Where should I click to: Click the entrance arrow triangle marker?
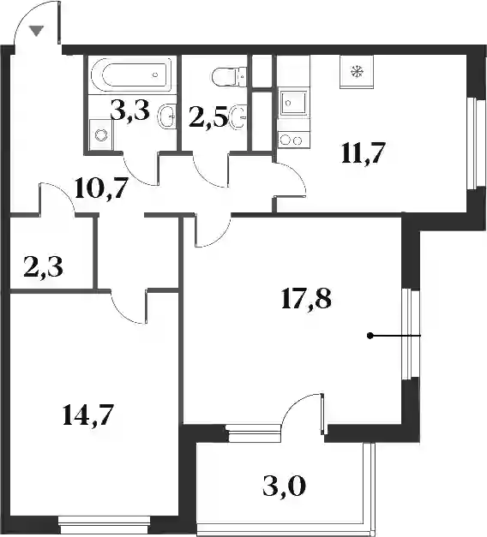point(36,31)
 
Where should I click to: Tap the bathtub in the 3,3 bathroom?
point(132,75)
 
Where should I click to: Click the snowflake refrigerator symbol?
point(357,71)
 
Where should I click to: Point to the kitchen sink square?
point(294,103)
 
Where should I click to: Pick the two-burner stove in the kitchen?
point(294,140)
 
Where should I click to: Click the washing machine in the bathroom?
point(100,134)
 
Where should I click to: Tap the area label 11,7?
point(364,154)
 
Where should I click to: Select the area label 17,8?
point(306,299)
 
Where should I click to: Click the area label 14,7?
point(87,415)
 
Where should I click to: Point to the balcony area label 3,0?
point(284,486)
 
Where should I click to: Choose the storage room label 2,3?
point(44,267)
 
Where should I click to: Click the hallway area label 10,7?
point(101,188)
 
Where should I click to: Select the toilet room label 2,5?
point(209,119)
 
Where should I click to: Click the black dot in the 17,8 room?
point(370,336)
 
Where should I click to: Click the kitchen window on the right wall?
point(477,143)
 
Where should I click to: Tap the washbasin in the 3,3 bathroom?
point(167,116)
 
